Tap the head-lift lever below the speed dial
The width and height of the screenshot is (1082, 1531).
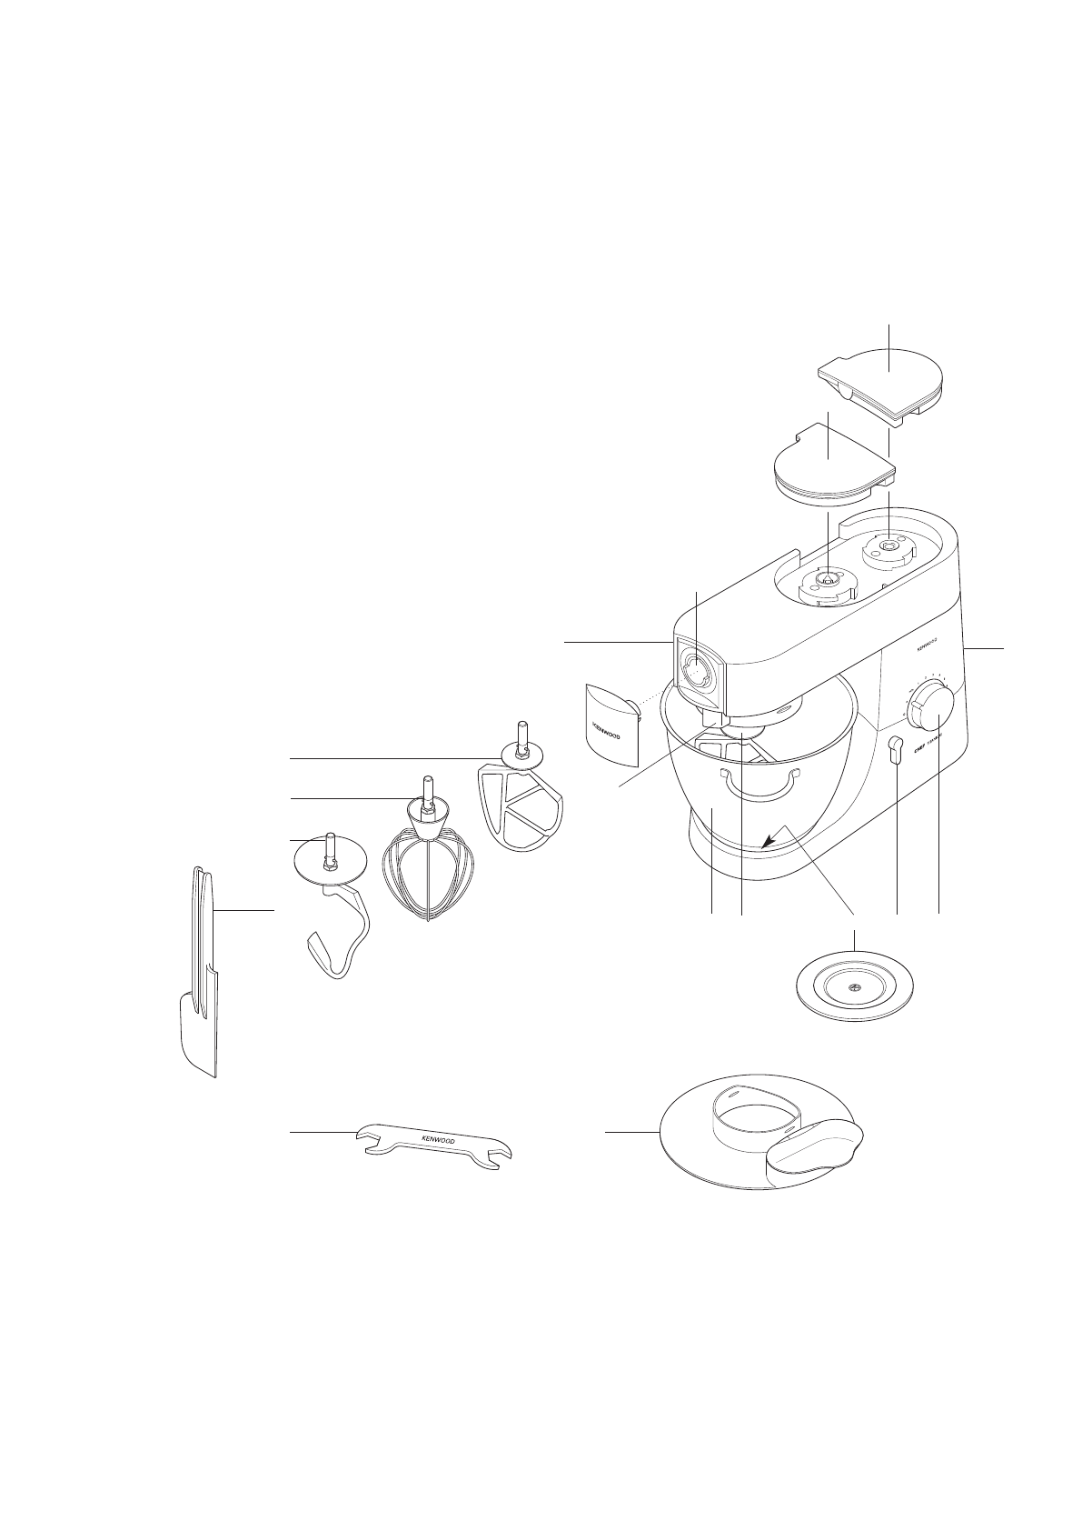[x=896, y=748]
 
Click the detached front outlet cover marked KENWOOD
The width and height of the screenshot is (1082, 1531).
[x=609, y=724]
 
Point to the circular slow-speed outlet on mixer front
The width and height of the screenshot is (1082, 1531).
[x=698, y=674]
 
